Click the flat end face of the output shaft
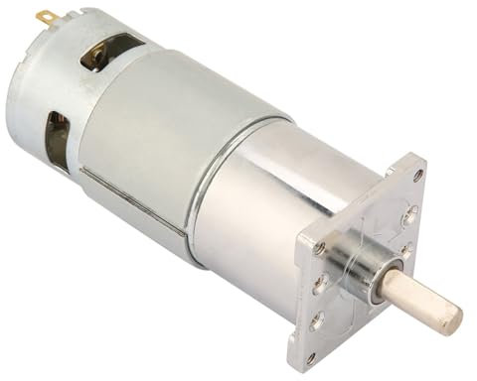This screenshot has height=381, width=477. tap(451, 317)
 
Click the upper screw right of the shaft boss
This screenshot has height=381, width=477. tap(408, 217)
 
